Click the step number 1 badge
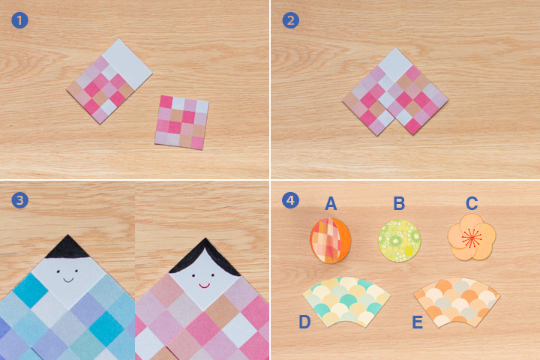19,20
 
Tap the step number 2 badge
291,20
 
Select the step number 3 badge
19,200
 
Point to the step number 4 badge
291,200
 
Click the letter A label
331,203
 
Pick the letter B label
399,203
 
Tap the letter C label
472,203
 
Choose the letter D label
304,322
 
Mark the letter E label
418,322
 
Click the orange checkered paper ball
330,241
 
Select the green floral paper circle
400,241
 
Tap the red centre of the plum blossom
472,238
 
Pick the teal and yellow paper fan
346,301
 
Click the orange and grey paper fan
457,301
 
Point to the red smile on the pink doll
204,286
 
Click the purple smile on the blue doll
68,280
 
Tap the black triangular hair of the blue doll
67,247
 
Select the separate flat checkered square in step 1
181,122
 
